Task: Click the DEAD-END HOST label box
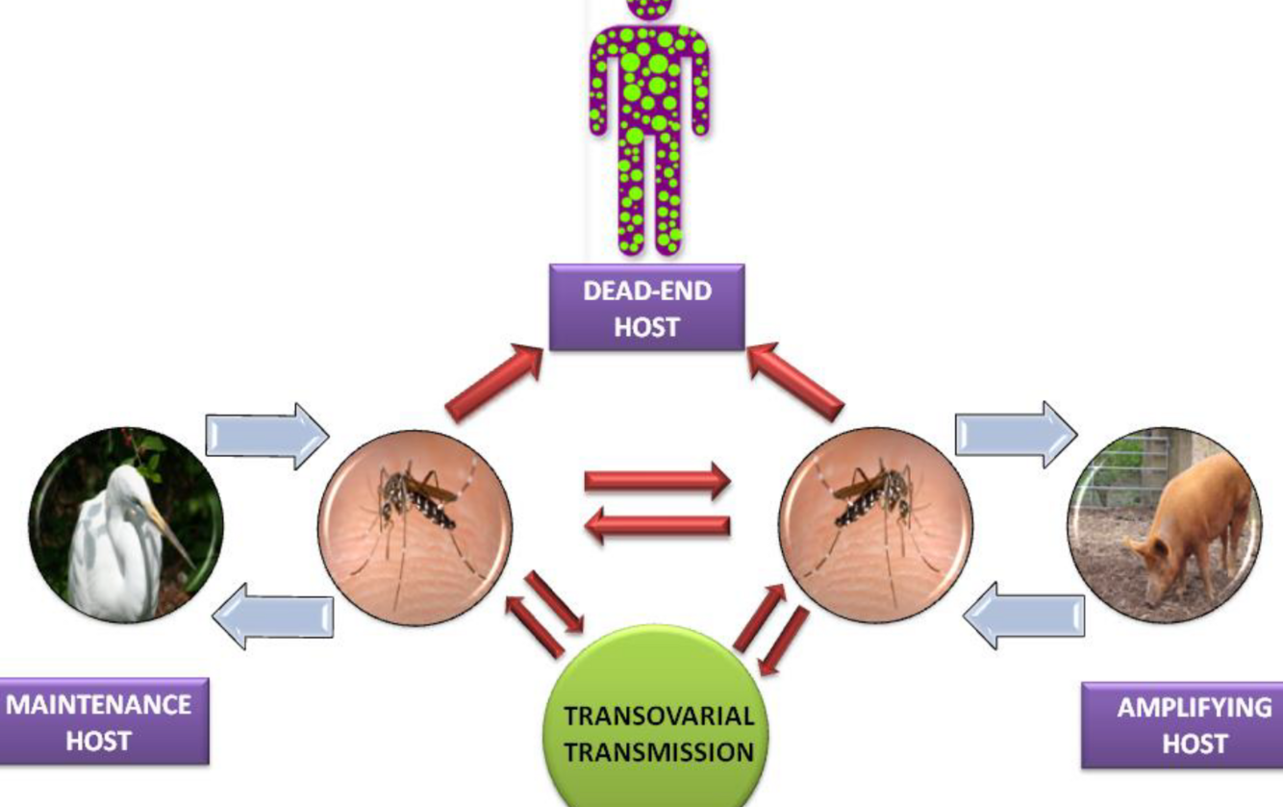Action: [646, 308]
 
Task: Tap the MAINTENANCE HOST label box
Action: [100, 721]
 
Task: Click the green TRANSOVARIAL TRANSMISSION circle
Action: [658, 721]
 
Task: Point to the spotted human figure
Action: [648, 125]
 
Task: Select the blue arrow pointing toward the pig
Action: [1016, 435]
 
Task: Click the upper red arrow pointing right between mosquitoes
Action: [658, 482]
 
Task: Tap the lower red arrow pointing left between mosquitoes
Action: [658, 526]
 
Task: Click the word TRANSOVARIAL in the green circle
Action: [658, 717]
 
